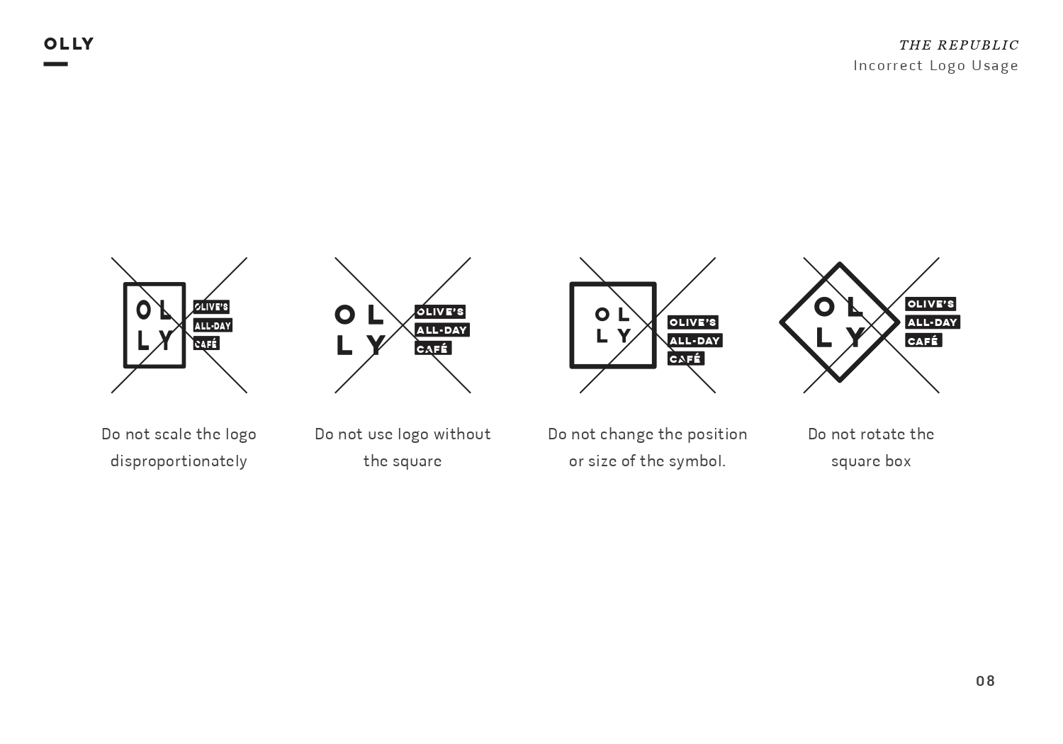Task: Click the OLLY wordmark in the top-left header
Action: [69, 44]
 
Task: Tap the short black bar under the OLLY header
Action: [55, 64]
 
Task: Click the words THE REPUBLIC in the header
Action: [959, 45]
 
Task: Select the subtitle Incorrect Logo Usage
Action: [936, 65]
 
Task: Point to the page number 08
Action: [985, 682]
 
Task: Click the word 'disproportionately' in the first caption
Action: [179, 461]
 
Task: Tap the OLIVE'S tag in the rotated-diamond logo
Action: [930, 304]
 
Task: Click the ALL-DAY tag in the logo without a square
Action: [441, 329]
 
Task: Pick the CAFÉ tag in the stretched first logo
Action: [206, 344]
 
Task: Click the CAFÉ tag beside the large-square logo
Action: [686, 359]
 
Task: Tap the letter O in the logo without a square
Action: [345, 315]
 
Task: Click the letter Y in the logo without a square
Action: [376, 344]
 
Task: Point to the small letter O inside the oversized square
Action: [602, 314]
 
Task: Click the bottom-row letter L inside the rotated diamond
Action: [823, 337]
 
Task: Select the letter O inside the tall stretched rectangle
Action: [143, 310]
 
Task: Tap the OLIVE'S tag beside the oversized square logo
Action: [693, 322]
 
